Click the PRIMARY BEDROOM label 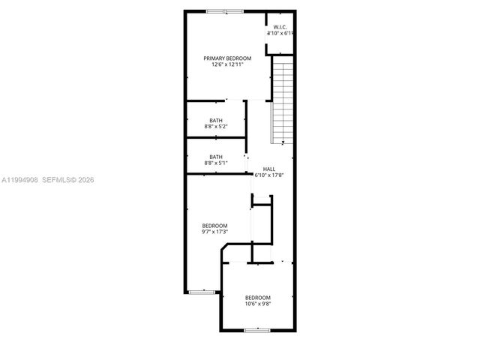227,58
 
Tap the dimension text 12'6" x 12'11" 227,64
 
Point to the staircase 281,101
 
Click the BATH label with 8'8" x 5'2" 216,121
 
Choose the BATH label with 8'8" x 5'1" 216,157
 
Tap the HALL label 268,169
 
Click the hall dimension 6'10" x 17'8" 268,175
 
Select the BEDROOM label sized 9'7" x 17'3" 214,225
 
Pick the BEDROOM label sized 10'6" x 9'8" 257,297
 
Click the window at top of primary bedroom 224,11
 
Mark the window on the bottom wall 257,329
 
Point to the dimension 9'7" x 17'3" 214,232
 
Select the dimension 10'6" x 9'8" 257,304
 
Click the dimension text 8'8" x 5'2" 216,127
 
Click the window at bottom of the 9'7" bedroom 201,291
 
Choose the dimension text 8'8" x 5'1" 216,163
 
